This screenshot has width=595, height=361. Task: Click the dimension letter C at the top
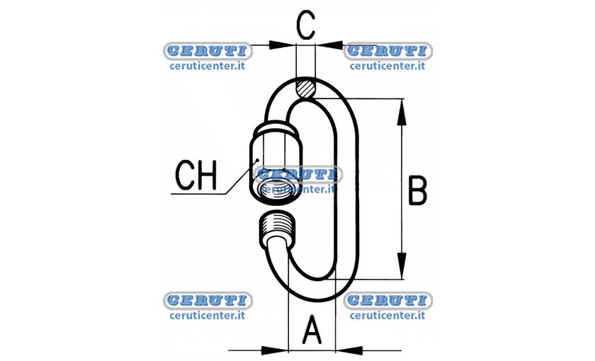click(305, 25)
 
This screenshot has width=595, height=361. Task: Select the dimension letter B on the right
click(417, 190)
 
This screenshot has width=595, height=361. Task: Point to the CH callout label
click(195, 176)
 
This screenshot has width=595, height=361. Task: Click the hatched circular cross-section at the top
click(305, 88)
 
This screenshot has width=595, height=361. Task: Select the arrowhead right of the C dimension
click(329, 45)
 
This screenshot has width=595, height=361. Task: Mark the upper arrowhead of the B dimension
click(402, 113)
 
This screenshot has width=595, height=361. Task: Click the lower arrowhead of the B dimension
click(402, 266)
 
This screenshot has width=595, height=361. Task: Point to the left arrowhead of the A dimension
click(275, 350)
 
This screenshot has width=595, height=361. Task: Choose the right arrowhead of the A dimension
click(349, 350)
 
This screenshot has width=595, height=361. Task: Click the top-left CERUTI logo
click(208, 51)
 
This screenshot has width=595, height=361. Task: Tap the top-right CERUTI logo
click(388, 51)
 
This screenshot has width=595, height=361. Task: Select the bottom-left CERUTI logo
click(208, 300)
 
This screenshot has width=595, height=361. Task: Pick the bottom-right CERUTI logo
click(388, 300)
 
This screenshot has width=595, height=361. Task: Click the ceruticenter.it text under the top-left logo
click(207, 66)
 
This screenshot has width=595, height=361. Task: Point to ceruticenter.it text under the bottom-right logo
click(387, 316)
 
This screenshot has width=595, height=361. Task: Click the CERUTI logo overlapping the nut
click(298, 174)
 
